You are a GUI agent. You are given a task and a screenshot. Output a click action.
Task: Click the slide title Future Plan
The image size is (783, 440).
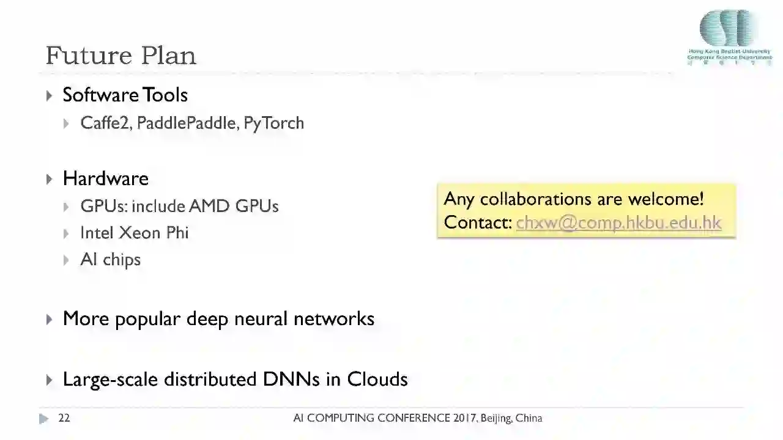pos(121,56)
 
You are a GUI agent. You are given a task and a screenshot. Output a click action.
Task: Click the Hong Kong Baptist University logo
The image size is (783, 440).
pos(729,37)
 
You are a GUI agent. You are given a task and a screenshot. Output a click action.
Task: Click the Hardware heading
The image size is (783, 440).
pos(105,178)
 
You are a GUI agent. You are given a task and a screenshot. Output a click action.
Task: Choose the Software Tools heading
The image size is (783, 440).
pos(125,95)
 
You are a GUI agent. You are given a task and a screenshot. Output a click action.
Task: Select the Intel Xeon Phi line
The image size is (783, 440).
pos(135,233)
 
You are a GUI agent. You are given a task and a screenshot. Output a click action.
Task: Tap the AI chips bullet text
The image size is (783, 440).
pos(110,260)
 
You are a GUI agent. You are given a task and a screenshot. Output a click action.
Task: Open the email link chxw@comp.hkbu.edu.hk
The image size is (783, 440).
pos(618,222)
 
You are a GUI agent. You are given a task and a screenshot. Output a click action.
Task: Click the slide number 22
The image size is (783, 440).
pos(64,419)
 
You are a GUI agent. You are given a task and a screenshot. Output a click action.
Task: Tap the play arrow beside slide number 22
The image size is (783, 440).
pos(43,419)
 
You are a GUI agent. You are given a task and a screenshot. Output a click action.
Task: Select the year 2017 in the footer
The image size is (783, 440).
pos(465,419)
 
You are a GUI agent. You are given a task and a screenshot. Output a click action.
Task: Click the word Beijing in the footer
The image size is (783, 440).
pos(496,419)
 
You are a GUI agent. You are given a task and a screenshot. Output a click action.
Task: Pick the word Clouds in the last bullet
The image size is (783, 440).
pos(377,379)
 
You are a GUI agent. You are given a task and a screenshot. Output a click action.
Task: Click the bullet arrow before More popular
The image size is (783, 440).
pos(50,319)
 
